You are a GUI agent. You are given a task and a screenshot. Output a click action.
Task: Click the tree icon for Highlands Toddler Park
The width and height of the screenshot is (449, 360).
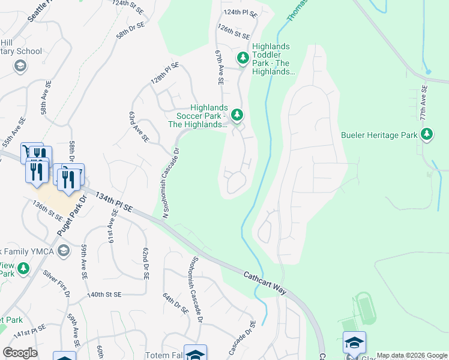pyautogui.click(x=243, y=58)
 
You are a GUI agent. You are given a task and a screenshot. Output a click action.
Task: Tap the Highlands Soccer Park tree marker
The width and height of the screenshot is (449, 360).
pyautogui.click(x=238, y=114)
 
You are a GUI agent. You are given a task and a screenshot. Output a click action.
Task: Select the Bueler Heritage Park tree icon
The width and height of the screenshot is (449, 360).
pyautogui.click(x=427, y=134)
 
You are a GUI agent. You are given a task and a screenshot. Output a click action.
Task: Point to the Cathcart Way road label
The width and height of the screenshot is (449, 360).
pyautogui.click(x=265, y=284)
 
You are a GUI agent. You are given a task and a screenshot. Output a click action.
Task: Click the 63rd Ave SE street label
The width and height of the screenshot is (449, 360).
pyautogui.click(x=139, y=126)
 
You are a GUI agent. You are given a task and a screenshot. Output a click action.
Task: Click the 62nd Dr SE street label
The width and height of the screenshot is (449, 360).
pyautogui.click(x=145, y=265)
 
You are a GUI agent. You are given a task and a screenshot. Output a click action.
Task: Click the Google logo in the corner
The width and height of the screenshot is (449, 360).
pyautogui.click(x=20, y=353)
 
